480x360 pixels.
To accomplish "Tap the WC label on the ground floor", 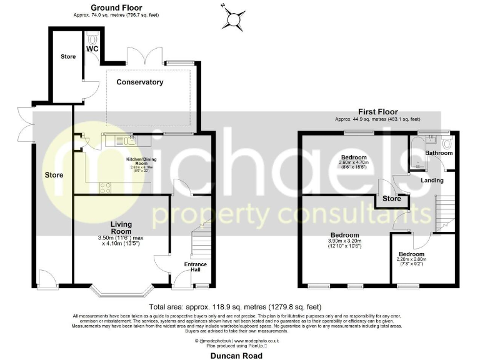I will (x=92, y=48).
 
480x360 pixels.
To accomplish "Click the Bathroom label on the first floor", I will (x=438, y=152).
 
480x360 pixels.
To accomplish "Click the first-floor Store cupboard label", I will (x=392, y=199).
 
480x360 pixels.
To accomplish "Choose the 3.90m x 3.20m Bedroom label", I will (x=345, y=237).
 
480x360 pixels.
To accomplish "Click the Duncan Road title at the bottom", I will (x=236, y=354).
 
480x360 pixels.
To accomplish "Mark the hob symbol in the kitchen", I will (x=104, y=186).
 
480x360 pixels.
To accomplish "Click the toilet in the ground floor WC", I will (x=94, y=37).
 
